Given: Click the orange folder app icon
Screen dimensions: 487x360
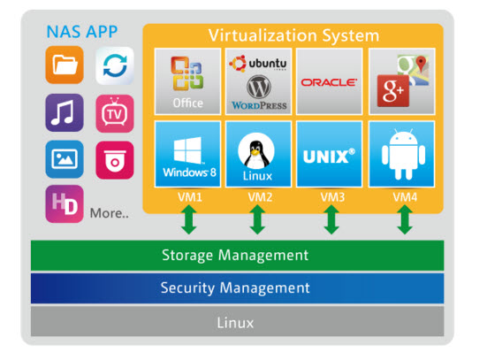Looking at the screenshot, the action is tap(65, 65).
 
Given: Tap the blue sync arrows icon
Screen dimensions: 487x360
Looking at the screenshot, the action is tap(115, 65).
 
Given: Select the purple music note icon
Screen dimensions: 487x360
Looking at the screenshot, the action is tap(65, 113).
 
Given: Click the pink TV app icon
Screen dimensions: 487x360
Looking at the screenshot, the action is tap(115, 114).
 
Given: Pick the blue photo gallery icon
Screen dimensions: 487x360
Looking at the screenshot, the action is tap(65, 159).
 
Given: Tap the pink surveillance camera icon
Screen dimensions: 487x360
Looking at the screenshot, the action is tap(115, 160).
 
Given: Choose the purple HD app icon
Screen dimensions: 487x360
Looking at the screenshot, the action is tap(65, 204).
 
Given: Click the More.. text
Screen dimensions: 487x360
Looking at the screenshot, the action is tap(110, 213).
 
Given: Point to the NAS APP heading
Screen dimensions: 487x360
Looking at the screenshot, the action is tap(82, 31).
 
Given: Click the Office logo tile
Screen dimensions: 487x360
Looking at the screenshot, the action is tap(188, 81).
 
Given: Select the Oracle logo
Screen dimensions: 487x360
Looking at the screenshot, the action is tap(329, 82).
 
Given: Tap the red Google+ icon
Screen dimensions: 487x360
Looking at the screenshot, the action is tap(393, 91).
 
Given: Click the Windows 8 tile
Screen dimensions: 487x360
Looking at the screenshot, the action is tap(188, 154).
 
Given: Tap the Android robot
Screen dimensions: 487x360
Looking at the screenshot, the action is tap(403, 155).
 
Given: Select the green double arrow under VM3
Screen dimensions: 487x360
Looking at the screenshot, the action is tap(331, 219).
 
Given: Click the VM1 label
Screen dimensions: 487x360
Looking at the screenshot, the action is tap(190, 197).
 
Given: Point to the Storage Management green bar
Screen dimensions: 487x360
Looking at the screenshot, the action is tap(237, 256).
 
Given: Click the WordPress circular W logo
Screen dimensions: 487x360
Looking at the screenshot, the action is tap(259, 87).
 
